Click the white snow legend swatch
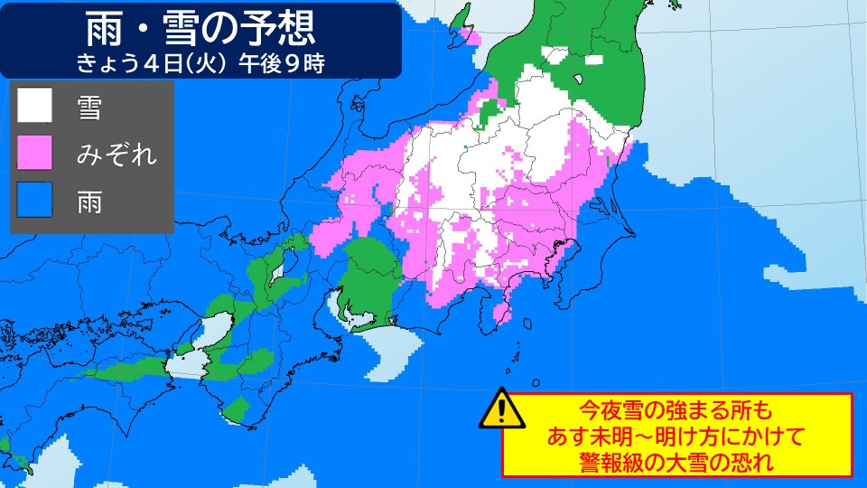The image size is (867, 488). click(35, 107)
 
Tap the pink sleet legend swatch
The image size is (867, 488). click(35, 153)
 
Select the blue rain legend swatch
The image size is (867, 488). click(35, 201)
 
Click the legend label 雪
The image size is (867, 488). click(89, 108)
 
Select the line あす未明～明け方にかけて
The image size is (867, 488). click(676, 435)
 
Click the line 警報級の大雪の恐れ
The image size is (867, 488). click(676, 461)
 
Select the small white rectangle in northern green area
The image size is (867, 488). click(592, 60)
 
